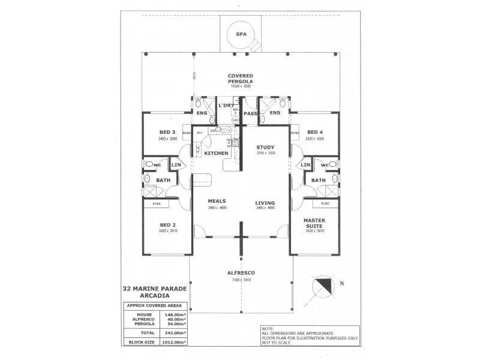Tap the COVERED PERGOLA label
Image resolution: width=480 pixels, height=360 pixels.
[x=240, y=78]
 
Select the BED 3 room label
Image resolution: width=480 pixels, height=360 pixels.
[x=167, y=132]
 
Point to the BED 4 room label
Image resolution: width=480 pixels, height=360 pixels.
[x=314, y=132]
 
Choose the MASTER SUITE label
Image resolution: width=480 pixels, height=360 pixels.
[x=314, y=222]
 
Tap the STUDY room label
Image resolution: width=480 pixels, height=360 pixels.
[x=265, y=147]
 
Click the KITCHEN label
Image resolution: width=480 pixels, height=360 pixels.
[x=216, y=154]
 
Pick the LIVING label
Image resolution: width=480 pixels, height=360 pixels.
[x=265, y=202]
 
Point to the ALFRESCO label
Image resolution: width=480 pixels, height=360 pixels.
[x=240, y=272]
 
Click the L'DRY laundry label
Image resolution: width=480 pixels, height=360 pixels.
[x=226, y=106]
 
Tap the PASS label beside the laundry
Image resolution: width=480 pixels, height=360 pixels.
[x=250, y=113]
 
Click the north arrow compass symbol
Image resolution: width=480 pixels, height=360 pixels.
[x=324, y=286]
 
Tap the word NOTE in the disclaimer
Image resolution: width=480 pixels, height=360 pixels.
[x=269, y=328]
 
